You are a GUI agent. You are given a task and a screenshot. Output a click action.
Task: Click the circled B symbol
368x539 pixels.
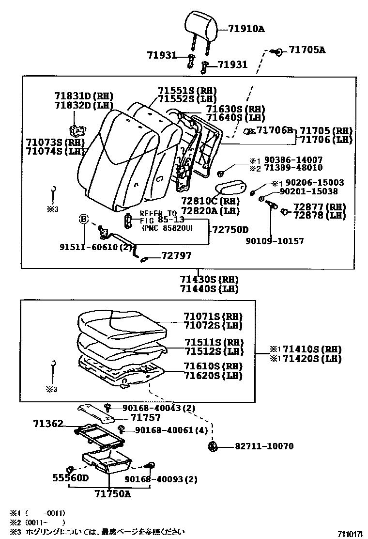[x=83, y=220]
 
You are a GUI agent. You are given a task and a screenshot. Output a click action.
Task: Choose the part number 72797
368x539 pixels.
[x=176, y=255]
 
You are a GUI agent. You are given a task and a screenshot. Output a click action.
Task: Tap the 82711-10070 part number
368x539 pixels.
[x=264, y=446]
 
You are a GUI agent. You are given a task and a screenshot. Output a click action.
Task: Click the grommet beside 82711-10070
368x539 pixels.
[x=212, y=446]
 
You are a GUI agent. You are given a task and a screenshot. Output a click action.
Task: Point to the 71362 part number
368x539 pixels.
[x=48, y=424]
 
